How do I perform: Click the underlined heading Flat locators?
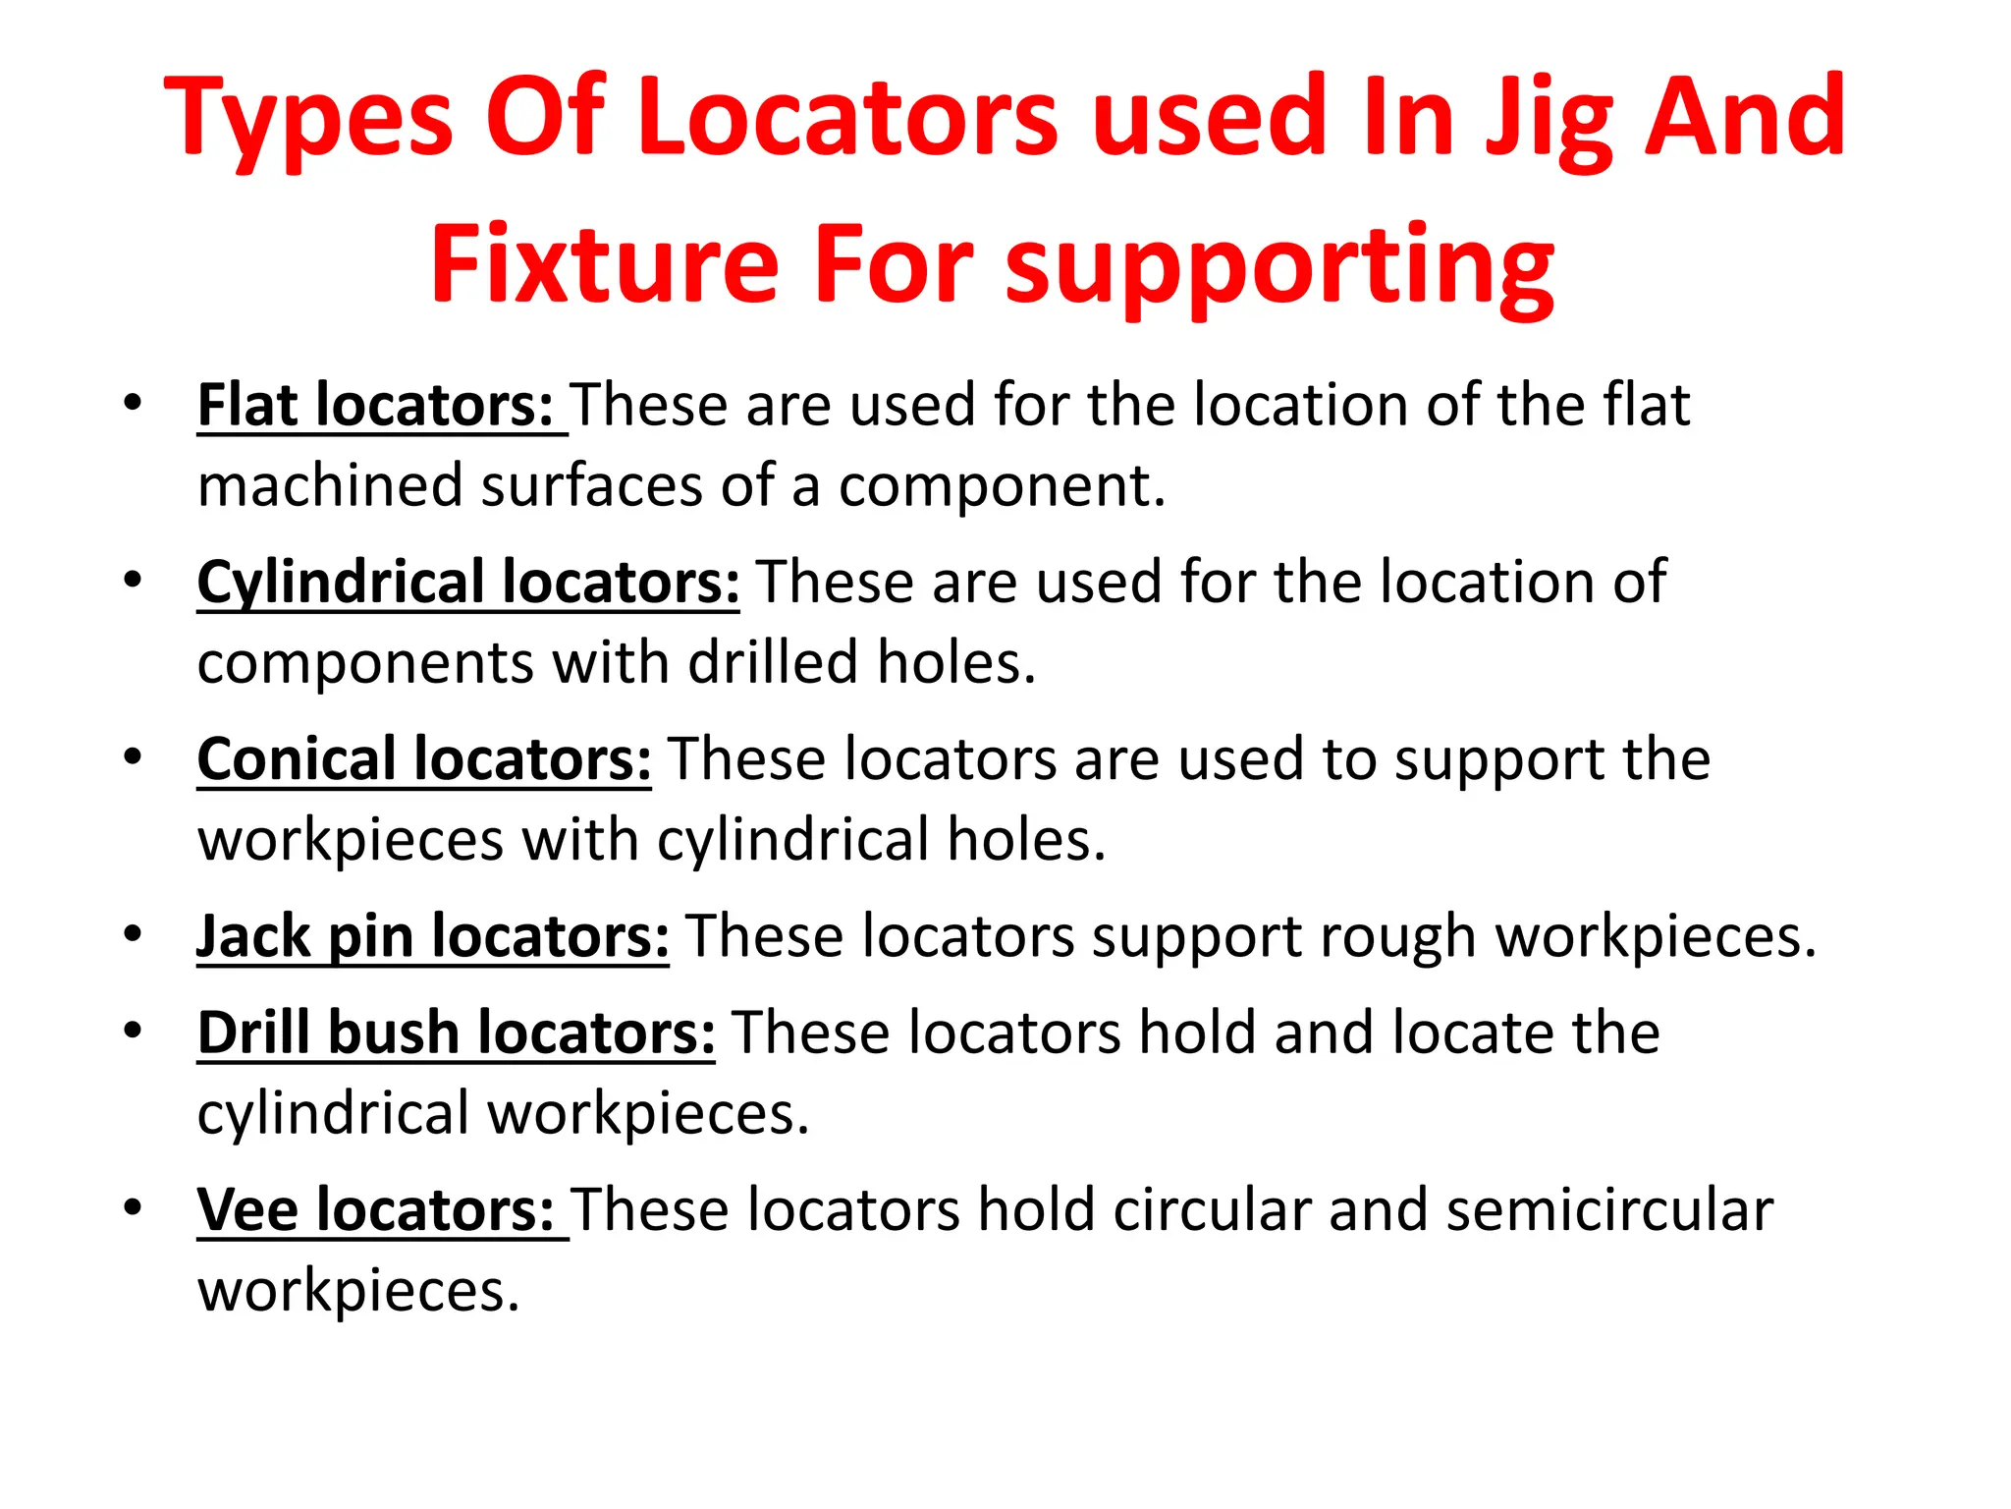tap(376, 405)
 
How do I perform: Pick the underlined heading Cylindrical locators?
tap(468, 582)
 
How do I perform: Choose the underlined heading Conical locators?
tap(424, 759)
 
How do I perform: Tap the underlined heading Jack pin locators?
tap(433, 935)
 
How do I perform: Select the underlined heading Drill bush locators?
tap(457, 1033)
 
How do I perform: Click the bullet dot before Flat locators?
tap(133, 403)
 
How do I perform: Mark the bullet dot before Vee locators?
tap(133, 1207)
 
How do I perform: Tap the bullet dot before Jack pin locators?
tap(133, 933)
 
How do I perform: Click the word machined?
tap(330, 485)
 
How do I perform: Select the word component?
tap(1001, 485)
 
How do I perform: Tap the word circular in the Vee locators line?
tap(1212, 1209)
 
